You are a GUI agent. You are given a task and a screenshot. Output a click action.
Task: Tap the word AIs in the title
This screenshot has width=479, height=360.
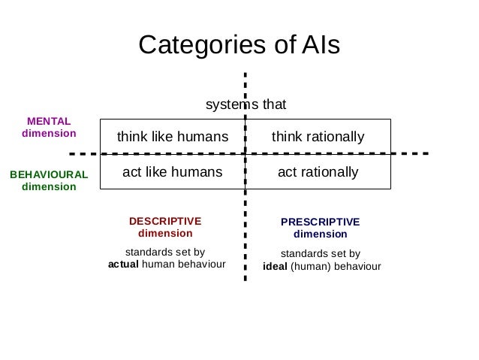coord(320,46)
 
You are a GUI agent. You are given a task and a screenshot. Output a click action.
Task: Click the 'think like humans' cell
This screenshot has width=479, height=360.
coord(172,137)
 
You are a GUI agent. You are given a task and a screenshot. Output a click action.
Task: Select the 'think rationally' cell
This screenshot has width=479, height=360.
coord(318,137)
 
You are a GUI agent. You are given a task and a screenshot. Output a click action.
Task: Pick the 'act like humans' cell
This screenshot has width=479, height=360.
coord(172,172)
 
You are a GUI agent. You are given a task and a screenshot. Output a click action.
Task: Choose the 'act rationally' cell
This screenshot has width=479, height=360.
coord(318,172)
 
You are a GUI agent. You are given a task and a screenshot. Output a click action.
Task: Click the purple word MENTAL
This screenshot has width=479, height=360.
coord(49,121)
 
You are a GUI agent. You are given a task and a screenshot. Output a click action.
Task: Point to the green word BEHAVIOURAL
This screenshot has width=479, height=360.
coord(49,174)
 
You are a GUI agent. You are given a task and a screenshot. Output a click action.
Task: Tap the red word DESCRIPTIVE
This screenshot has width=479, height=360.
coord(165,221)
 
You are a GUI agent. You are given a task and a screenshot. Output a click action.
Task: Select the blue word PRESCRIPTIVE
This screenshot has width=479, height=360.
coord(320,222)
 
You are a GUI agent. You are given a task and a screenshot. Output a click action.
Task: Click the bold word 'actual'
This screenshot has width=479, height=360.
coord(123,265)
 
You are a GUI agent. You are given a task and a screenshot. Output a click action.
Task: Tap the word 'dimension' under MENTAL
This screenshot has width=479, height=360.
coord(49,133)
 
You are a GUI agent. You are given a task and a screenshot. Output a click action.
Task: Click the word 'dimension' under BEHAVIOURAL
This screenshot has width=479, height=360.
coord(49,186)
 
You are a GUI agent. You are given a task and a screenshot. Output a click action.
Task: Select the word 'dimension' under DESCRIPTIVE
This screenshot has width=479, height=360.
coord(165,233)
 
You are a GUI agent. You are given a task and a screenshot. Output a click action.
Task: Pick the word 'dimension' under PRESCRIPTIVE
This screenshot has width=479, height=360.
coord(320,234)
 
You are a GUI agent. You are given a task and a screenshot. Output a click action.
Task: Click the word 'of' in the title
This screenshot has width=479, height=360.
coord(279,46)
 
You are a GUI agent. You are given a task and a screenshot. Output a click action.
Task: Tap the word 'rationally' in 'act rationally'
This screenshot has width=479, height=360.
coord(329,172)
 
